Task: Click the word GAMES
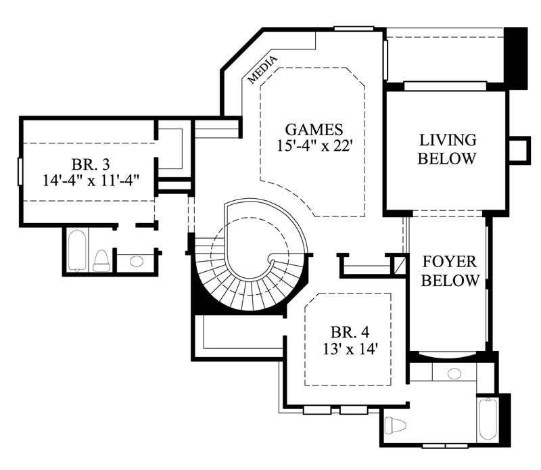click(314, 129)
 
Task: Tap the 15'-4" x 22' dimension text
click(314, 145)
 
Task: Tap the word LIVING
click(448, 141)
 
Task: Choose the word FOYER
click(450, 262)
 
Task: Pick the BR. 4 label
click(350, 333)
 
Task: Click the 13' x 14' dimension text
click(349, 349)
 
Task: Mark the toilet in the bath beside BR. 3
click(101, 260)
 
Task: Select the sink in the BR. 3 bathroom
click(136, 261)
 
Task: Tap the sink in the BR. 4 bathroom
click(455, 373)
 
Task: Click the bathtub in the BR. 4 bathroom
click(487, 419)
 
